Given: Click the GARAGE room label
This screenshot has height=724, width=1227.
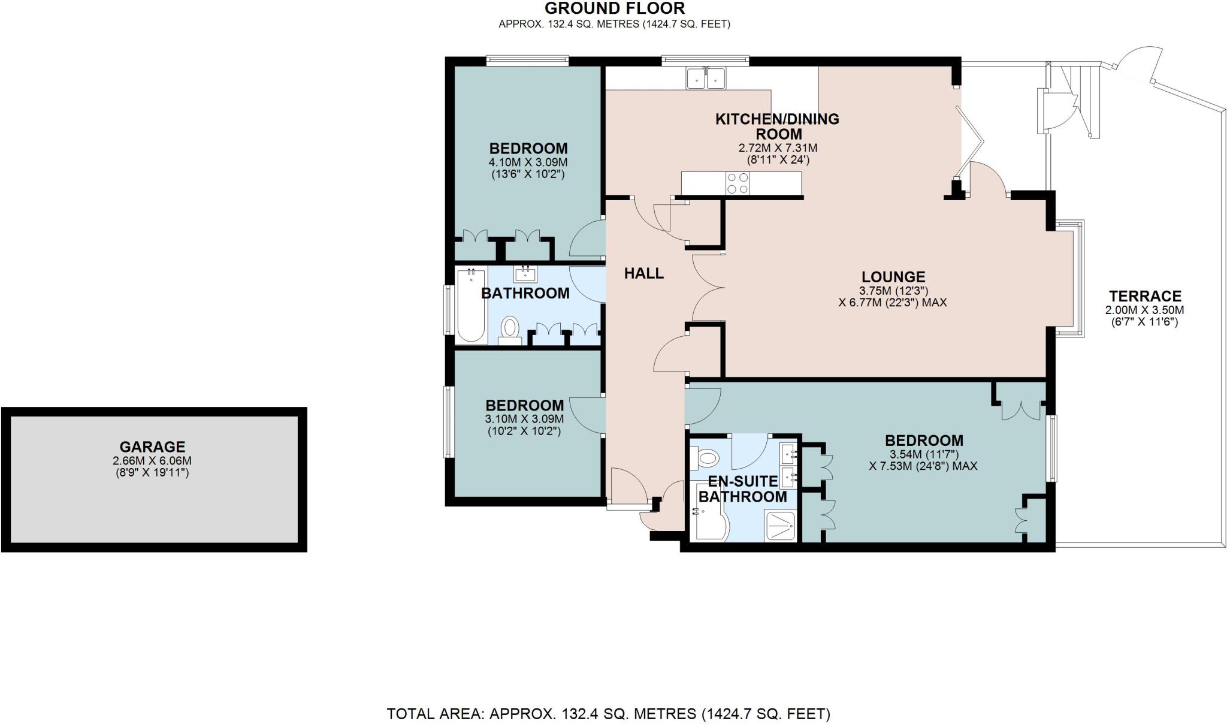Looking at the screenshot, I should click(152, 447).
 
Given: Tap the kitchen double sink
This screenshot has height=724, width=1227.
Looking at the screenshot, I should click(706, 79).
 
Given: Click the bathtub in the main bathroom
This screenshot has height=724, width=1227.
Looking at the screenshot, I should click(472, 305).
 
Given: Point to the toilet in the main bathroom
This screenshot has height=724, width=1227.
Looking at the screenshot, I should click(510, 328).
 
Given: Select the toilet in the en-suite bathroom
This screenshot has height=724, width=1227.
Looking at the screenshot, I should click(706, 460).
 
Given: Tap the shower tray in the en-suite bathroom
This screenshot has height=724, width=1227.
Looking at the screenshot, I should click(781, 526).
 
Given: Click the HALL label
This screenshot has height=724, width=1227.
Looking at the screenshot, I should click(643, 273).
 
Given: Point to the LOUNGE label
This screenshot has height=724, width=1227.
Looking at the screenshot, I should click(893, 277).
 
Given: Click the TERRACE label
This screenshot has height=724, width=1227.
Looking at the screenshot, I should click(1144, 296).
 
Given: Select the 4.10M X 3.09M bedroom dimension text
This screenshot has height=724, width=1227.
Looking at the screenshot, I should click(528, 162).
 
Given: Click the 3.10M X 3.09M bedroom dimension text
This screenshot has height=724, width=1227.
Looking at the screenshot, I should click(524, 419).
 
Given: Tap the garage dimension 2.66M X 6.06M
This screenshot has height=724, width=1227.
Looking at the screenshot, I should click(152, 461).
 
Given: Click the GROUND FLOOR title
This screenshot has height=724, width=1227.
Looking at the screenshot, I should click(614, 8).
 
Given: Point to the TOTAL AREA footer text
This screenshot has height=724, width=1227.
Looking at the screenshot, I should click(608, 714).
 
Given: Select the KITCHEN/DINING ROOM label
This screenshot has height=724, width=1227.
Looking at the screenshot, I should click(777, 126).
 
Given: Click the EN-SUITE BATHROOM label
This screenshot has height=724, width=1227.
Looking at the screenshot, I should click(742, 489).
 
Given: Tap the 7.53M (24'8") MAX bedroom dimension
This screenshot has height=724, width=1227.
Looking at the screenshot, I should click(923, 466).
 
